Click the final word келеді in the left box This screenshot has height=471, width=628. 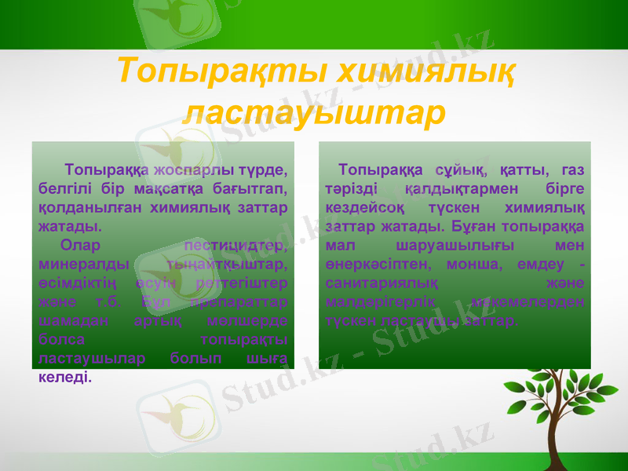tap(64, 378)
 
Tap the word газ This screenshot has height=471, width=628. tap(573, 170)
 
